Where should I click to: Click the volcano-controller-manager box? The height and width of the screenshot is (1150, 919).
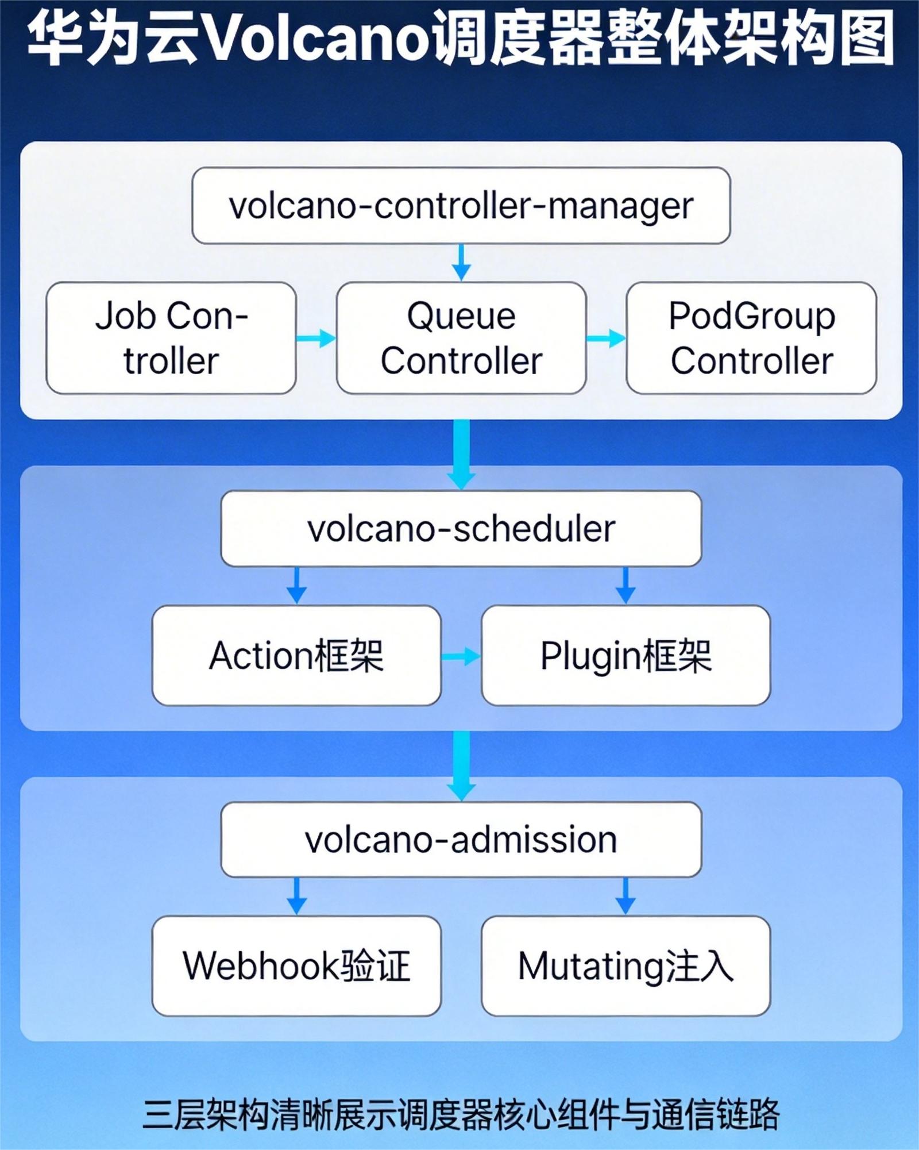click(461, 206)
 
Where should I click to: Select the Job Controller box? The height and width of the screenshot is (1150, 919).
click(171, 338)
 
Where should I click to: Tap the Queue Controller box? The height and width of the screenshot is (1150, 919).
click(461, 338)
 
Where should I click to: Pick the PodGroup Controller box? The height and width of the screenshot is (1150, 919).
click(751, 338)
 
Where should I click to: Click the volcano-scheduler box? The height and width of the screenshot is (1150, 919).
click(461, 528)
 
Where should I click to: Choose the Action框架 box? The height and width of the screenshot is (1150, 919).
click(296, 655)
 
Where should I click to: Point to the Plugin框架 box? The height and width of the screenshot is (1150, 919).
click(625, 655)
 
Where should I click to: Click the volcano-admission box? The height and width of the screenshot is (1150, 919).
click(461, 840)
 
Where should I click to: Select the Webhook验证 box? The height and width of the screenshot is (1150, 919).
click(296, 966)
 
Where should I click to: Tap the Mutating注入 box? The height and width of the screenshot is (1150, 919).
click(625, 966)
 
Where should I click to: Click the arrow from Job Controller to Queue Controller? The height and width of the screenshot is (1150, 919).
click(316, 338)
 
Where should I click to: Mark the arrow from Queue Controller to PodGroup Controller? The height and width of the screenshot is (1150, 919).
click(606, 338)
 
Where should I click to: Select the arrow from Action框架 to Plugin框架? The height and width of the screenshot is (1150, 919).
click(461, 656)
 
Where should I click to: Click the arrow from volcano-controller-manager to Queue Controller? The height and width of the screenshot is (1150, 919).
click(461, 263)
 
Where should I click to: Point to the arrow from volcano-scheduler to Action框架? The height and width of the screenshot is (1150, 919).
click(296, 586)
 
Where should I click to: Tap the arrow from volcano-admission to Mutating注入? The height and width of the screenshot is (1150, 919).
click(625, 896)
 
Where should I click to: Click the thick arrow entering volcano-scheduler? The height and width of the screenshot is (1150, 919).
click(461, 454)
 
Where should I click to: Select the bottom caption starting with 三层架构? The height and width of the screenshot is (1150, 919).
click(461, 1113)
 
